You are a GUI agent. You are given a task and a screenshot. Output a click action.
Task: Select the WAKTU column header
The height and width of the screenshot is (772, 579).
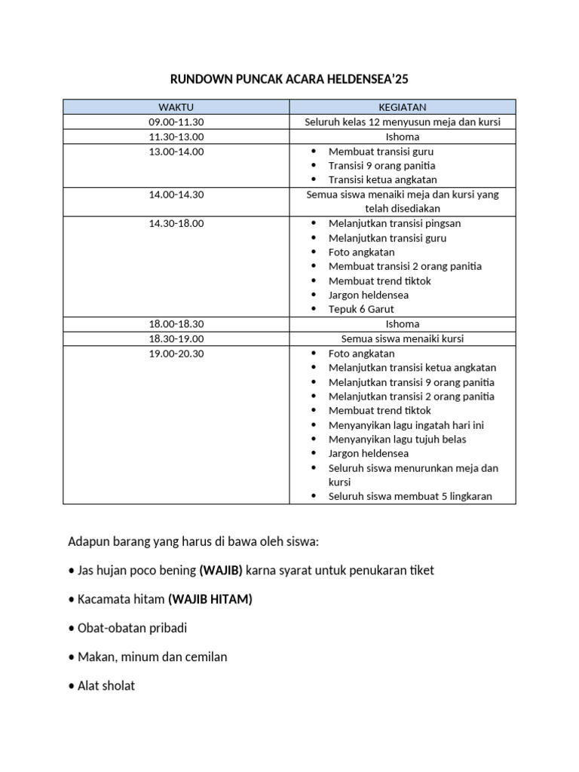click(176, 107)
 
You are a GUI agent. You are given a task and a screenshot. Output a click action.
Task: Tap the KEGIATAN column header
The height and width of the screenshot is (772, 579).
click(402, 107)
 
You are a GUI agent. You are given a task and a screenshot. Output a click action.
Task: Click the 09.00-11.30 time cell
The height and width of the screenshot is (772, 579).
click(176, 122)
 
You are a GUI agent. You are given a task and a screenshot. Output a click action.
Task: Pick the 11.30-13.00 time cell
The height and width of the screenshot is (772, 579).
click(176, 136)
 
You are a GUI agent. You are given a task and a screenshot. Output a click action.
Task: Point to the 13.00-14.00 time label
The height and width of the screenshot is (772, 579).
click(176, 152)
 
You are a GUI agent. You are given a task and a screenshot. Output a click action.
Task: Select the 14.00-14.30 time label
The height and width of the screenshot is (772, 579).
click(176, 195)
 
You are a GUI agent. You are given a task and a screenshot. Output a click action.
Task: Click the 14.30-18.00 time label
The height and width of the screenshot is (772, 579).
click(176, 224)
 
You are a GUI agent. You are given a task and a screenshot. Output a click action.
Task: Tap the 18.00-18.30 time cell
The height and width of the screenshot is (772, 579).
click(176, 324)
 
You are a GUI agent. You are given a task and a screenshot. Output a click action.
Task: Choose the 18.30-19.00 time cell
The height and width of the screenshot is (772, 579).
click(176, 339)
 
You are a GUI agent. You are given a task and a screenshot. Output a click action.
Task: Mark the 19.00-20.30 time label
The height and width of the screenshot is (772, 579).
click(176, 354)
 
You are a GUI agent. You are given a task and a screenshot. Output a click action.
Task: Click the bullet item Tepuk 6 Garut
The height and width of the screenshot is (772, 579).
click(361, 309)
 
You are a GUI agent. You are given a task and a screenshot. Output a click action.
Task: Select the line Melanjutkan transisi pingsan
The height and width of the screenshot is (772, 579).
click(394, 224)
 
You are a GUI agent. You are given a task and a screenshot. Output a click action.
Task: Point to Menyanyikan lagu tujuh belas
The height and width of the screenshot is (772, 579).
click(397, 440)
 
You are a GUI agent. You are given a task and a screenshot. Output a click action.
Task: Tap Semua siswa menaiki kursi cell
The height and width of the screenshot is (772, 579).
click(402, 339)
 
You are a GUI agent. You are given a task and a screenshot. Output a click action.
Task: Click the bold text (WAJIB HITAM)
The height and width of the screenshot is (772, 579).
click(210, 599)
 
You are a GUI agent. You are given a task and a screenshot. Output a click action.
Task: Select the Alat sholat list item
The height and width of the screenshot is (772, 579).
click(106, 686)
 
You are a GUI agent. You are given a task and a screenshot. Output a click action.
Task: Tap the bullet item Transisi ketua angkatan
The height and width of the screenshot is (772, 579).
click(382, 180)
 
